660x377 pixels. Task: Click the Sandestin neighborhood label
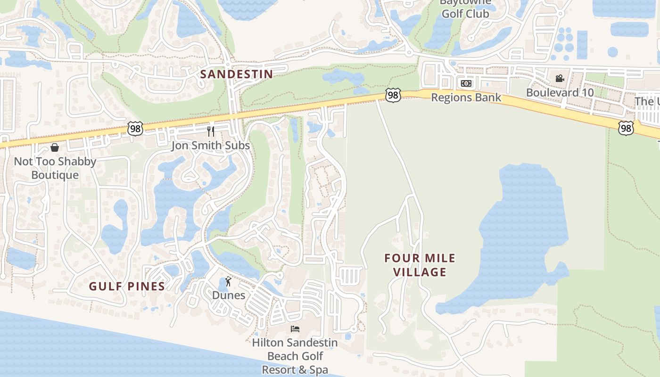click(x=237, y=74)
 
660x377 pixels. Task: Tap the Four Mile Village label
click(x=420, y=265)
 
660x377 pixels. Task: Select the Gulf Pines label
click(x=127, y=286)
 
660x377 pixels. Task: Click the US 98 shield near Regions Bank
click(x=393, y=95)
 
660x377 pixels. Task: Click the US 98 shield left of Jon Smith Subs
click(x=135, y=129)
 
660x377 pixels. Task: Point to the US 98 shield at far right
click(x=626, y=128)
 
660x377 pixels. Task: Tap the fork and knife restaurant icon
click(x=211, y=131)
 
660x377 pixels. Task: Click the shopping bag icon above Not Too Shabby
click(x=55, y=148)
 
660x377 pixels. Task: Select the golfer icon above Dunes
click(x=229, y=282)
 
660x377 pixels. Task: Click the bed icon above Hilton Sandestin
click(x=295, y=328)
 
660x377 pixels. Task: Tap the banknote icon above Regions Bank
click(x=466, y=83)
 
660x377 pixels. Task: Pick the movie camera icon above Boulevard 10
click(x=560, y=78)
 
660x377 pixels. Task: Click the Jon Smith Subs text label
click(x=210, y=146)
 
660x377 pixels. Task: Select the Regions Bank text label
click(x=466, y=98)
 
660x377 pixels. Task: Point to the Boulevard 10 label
click(x=560, y=92)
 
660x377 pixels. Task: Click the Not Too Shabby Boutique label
click(x=55, y=168)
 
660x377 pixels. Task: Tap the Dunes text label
click(x=229, y=295)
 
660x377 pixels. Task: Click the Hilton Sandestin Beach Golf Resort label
click(x=295, y=356)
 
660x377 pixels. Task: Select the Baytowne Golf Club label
click(x=465, y=9)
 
